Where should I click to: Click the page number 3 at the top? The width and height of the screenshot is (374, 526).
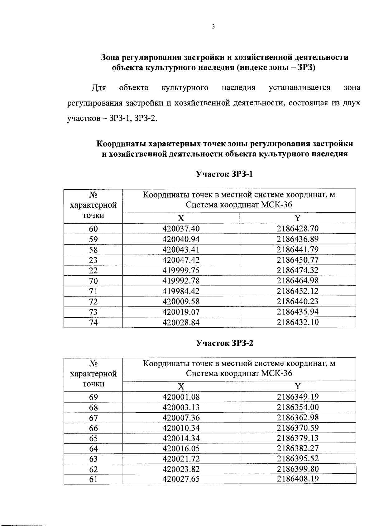(x=213, y=27)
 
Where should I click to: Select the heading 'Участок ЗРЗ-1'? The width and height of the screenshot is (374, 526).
(x=224, y=174)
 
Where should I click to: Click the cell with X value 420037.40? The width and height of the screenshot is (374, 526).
(x=181, y=229)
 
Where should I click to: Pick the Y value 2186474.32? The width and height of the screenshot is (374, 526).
(x=298, y=270)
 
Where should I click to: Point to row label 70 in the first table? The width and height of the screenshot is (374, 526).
(x=93, y=281)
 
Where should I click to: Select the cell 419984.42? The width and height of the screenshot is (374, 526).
(x=181, y=291)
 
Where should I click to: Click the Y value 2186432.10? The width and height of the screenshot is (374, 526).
(x=298, y=322)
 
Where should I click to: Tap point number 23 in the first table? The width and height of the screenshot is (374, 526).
(x=93, y=260)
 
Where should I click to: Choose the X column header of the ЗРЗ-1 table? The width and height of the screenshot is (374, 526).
(x=181, y=218)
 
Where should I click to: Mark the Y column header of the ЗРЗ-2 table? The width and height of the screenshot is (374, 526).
(x=298, y=386)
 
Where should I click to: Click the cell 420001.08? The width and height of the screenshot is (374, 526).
(x=181, y=397)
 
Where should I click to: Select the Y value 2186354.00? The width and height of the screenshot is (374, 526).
(x=298, y=407)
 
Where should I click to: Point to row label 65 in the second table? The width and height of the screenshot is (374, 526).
(x=93, y=438)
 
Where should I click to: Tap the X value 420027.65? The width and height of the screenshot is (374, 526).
(x=181, y=479)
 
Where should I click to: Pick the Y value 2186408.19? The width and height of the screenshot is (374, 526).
(x=298, y=479)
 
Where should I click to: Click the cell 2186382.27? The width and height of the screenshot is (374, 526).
(x=298, y=448)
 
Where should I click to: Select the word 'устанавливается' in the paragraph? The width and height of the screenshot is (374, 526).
(x=299, y=88)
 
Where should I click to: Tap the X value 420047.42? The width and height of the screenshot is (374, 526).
(x=181, y=260)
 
